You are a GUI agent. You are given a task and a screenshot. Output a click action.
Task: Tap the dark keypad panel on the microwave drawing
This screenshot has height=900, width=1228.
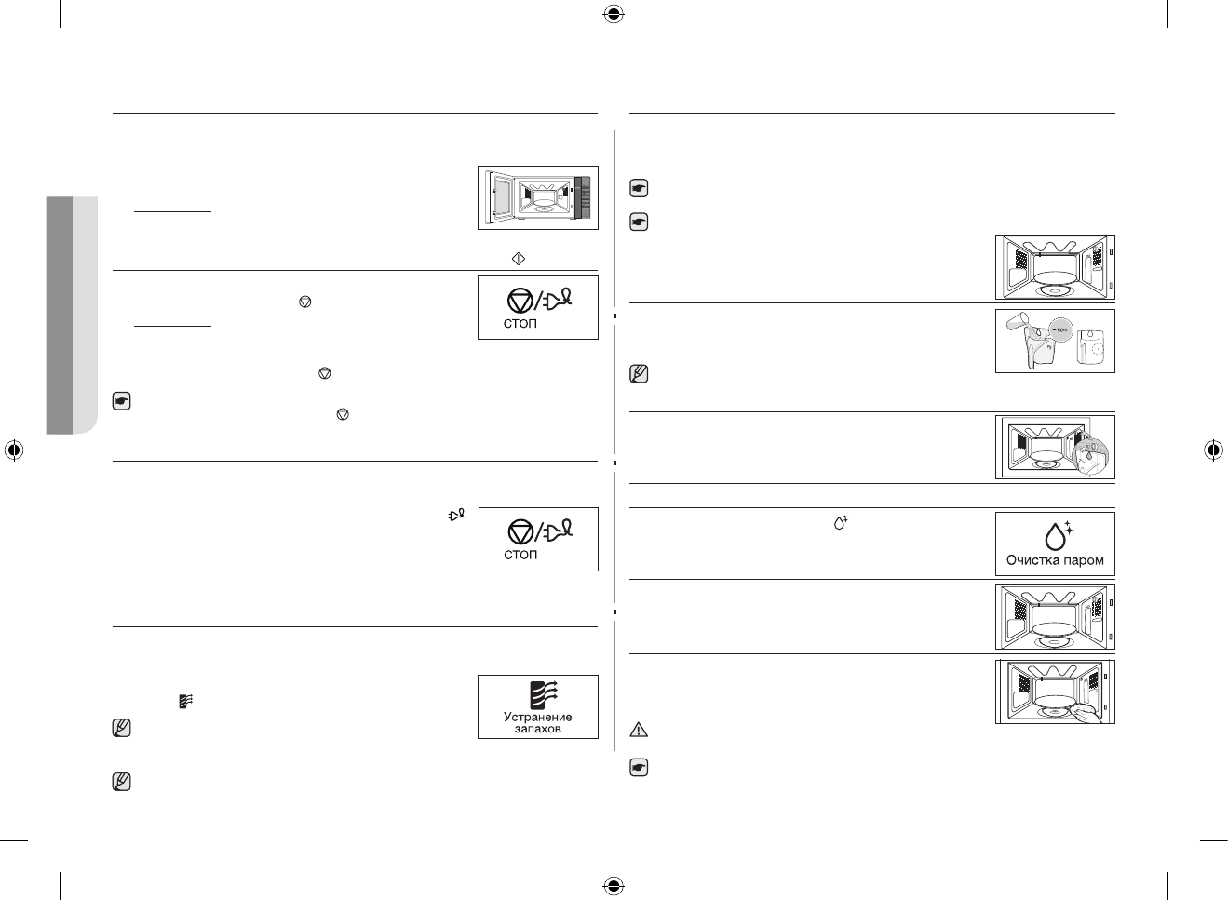click(x=584, y=197)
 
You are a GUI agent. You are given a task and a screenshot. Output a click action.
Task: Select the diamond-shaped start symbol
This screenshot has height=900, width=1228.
click(x=520, y=258)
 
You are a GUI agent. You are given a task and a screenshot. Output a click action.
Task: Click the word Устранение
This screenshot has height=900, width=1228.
click(x=538, y=717)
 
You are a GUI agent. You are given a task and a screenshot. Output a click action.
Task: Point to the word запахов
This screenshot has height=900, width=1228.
click(x=538, y=729)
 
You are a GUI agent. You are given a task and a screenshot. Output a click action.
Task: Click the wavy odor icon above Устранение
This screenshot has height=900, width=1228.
click(x=541, y=695)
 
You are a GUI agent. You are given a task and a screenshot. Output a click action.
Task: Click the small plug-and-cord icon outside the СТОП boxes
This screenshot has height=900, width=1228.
click(x=455, y=514)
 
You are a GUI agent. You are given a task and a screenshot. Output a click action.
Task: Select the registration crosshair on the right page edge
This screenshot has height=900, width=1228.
click(x=1212, y=450)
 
